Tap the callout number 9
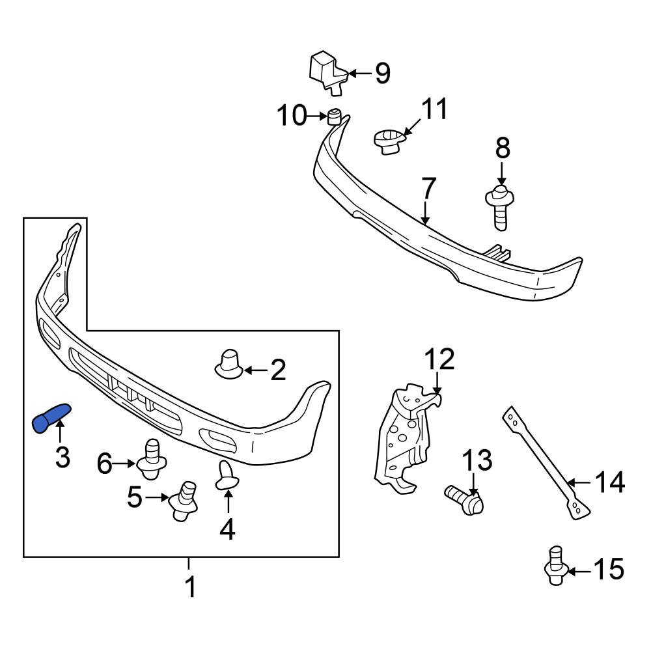(381, 73)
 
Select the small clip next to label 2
(229, 364)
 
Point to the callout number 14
(610, 483)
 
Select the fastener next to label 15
(555, 568)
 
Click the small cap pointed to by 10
(335, 117)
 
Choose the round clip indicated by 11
(389, 140)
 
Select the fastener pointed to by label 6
(151, 460)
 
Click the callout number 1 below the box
(189, 587)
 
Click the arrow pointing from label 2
(255, 371)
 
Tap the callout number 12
(440, 359)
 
